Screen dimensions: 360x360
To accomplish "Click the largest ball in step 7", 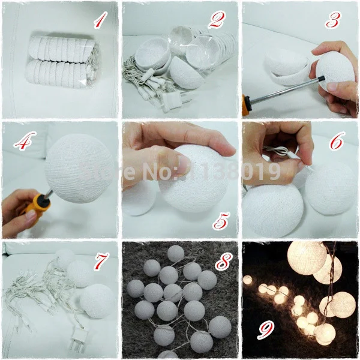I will point(97,300).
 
